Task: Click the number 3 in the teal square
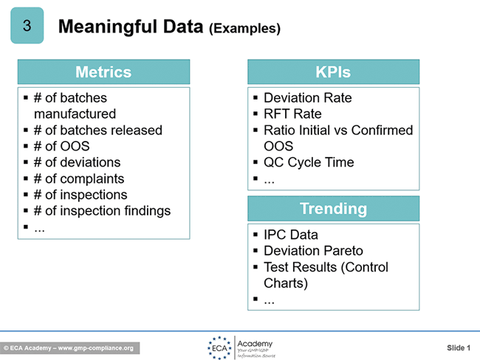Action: pos(27,25)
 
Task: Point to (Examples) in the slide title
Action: pos(244,29)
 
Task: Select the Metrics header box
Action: pos(104,72)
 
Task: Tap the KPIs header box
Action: pos(333,72)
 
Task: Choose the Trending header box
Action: pos(333,209)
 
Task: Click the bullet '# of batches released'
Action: pos(98,131)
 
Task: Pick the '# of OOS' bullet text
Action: pos(61,146)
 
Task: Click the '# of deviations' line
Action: pos(77,162)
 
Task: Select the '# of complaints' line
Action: pos(79,179)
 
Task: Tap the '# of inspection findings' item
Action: pos(102,211)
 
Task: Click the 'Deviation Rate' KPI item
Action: pos(308,98)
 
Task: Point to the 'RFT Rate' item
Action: pos(292,114)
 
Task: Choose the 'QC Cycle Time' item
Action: pos(309,162)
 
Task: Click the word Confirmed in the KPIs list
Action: pos(382,131)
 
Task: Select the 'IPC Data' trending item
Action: pos(291,235)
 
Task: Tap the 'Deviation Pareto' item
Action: pos(313,251)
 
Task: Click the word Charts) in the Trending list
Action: pos(286,283)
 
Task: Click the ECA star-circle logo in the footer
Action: pos(219,347)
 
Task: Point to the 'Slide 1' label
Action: pos(459,347)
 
